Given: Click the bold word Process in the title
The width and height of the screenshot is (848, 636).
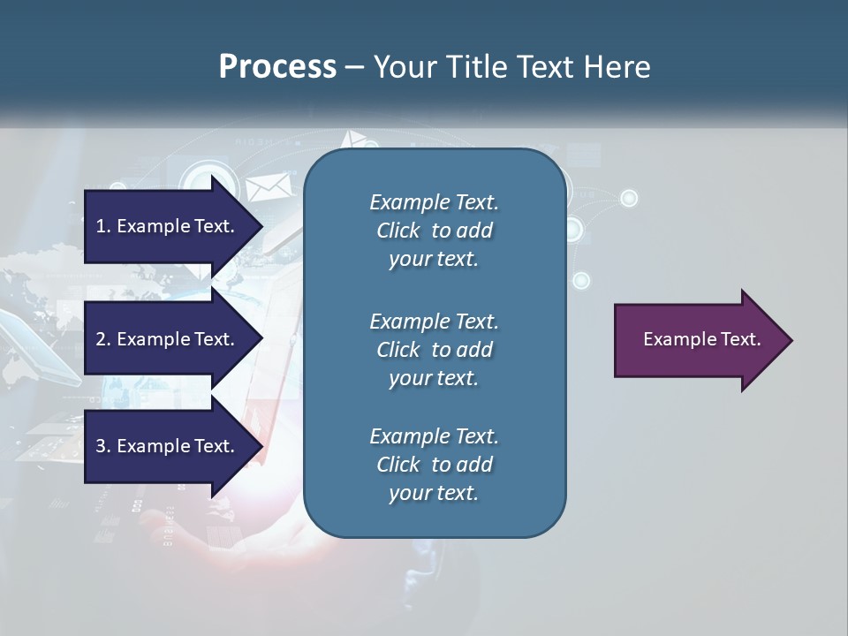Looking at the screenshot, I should (x=277, y=66).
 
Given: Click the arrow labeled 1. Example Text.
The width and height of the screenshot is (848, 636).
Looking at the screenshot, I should (x=168, y=226).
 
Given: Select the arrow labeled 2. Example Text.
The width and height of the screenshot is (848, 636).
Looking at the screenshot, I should (x=168, y=339).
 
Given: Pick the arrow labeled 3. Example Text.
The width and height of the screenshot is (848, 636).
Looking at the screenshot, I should (x=168, y=446).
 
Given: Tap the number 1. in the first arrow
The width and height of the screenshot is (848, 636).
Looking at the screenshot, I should (x=102, y=226).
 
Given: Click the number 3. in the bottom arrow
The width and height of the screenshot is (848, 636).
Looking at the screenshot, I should (x=102, y=446).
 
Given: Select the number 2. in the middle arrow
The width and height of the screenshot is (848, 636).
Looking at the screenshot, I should (x=102, y=339).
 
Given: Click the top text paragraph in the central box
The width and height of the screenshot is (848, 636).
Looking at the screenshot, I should (x=434, y=231).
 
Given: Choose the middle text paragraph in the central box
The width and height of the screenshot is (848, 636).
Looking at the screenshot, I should (x=434, y=349).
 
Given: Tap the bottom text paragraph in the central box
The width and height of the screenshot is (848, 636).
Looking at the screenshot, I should (x=434, y=465).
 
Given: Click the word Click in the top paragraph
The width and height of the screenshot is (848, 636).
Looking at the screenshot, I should (x=397, y=231).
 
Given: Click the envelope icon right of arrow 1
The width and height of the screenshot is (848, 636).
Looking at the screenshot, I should (x=262, y=188).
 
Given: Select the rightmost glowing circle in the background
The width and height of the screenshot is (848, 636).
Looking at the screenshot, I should (x=629, y=198).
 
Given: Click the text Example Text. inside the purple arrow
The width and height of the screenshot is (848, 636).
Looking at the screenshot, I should (x=701, y=339).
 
